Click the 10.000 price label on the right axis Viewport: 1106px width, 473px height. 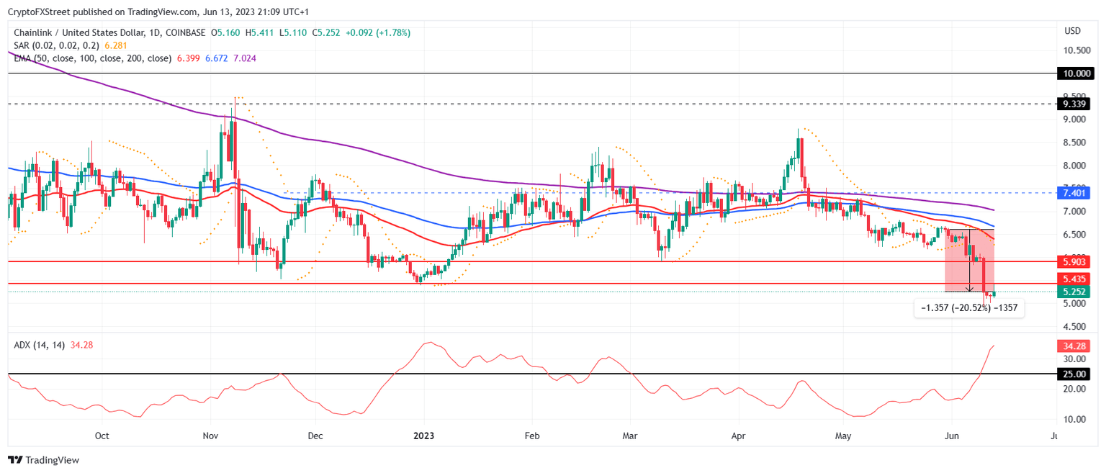pos(1075,73)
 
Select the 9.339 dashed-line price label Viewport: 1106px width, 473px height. pos(1075,104)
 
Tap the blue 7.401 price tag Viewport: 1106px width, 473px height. pos(1075,193)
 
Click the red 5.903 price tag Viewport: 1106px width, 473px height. pos(1075,262)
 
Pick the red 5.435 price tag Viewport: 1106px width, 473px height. pos(1075,278)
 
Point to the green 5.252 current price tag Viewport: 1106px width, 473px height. pos(1075,292)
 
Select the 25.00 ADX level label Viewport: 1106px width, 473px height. pos(1075,374)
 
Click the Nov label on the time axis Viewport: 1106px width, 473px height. pos(211,436)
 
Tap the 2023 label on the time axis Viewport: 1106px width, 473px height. pos(424,436)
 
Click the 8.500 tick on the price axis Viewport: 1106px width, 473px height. pos(1077,143)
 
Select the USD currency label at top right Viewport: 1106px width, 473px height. pos(1072,31)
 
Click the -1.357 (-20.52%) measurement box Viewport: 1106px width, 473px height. pos(969,308)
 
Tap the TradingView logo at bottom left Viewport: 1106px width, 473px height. pos(43,459)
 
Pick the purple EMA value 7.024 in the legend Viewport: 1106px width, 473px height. pos(245,58)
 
